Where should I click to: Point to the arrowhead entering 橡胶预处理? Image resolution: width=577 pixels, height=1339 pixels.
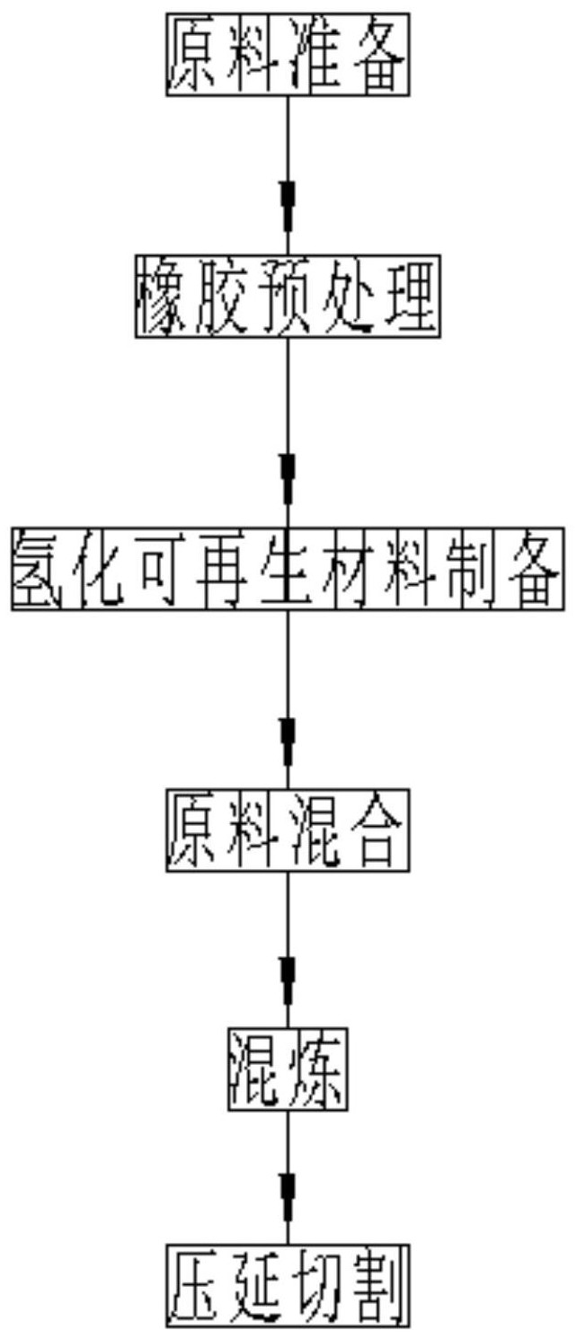click(288, 205)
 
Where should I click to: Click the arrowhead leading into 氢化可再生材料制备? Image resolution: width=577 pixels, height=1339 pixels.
click(288, 479)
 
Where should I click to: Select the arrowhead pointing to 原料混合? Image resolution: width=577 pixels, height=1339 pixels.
click(288, 741)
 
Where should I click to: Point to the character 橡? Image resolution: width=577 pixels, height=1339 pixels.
click(165, 297)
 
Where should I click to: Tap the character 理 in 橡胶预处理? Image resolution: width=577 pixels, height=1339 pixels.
click(410, 297)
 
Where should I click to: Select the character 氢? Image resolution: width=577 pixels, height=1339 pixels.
click(40, 569)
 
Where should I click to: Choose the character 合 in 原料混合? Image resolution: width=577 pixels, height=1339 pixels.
click(379, 831)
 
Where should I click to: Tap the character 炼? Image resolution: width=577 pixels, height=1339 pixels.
click(317, 1070)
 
